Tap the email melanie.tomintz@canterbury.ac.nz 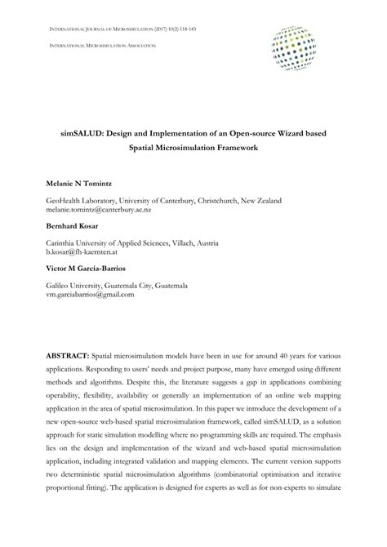[x=99, y=209]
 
